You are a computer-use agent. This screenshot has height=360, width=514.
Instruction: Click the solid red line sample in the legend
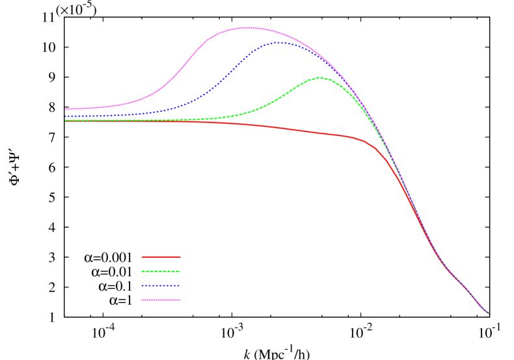pos(161,256)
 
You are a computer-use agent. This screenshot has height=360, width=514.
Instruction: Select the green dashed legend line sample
pos(161,271)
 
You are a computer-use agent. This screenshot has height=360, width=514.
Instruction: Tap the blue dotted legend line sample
pos(161,285)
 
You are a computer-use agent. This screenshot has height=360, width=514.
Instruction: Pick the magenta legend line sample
pos(161,299)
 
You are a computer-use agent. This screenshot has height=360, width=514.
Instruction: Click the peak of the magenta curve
pos(248,27)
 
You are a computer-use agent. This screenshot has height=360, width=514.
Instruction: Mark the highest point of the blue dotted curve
pos(279,42)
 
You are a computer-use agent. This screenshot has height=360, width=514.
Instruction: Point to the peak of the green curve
pos(320,77)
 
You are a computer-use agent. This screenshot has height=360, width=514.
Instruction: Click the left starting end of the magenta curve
pos(66,109)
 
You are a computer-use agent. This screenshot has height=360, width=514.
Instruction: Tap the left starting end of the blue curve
pos(66,116)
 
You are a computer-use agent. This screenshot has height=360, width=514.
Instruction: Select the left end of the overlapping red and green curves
pos(66,120)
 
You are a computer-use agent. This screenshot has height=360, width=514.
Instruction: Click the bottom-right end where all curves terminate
pos(488,313)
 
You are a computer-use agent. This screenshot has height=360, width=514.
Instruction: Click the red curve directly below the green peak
pos(320,133)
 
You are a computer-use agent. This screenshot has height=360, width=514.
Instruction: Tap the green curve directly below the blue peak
pos(279,98)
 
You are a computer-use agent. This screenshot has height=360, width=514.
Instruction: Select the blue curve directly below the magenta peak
pos(248,59)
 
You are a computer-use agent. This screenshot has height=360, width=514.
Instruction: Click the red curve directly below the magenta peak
pos(248,124)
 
